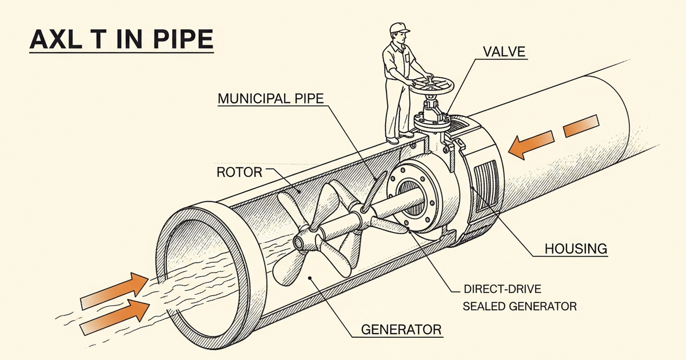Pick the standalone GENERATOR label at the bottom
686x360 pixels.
pyautogui.click(x=401, y=330)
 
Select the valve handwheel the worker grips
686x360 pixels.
pyautogui.click(x=433, y=86)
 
